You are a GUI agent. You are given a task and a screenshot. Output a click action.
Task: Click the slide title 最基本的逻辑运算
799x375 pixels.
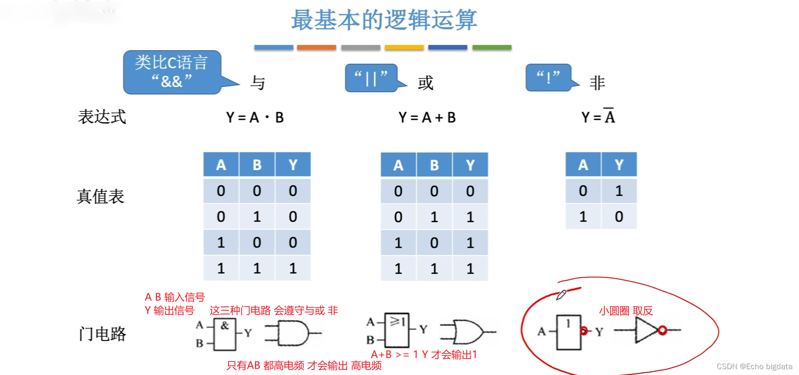tap(383, 20)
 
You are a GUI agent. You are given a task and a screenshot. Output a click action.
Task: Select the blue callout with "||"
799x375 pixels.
tap(371, 78)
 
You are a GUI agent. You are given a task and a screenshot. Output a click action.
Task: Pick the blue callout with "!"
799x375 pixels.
tap(548, 78)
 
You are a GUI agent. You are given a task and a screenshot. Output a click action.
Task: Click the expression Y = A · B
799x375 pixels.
tap(255, 118)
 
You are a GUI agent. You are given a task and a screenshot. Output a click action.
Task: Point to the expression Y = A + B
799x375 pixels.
tap(427, 118)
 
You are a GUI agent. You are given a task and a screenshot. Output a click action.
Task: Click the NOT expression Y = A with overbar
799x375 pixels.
tap(598, 117)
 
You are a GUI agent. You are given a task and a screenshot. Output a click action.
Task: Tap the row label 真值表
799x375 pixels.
tap(100, 197)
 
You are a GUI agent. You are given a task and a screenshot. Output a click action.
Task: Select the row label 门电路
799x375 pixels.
tap(102, 334)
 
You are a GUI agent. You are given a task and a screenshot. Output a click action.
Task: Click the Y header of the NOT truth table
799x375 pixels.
tap(619, 165)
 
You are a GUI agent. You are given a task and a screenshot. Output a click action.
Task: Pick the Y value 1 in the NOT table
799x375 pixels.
tap(619, 191)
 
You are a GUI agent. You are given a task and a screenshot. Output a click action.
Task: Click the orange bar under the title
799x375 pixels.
tap(316, 47)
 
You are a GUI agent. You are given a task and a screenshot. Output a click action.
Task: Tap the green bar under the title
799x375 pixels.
tap(492, 47)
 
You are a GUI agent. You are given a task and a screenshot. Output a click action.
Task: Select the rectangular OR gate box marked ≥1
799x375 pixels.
tap(397, 330)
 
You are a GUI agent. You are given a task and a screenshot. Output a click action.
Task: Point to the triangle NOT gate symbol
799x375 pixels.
tap(646, 330)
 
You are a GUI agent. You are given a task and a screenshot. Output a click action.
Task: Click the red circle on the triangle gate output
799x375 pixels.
tap(662, 330)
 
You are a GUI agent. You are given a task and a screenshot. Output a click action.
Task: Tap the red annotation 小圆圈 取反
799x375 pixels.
tap(626, 311)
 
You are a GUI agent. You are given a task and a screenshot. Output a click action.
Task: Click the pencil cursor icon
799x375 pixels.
tap(561, 295)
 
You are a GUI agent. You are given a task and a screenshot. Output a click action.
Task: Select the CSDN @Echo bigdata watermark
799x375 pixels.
tap(754, 366)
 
